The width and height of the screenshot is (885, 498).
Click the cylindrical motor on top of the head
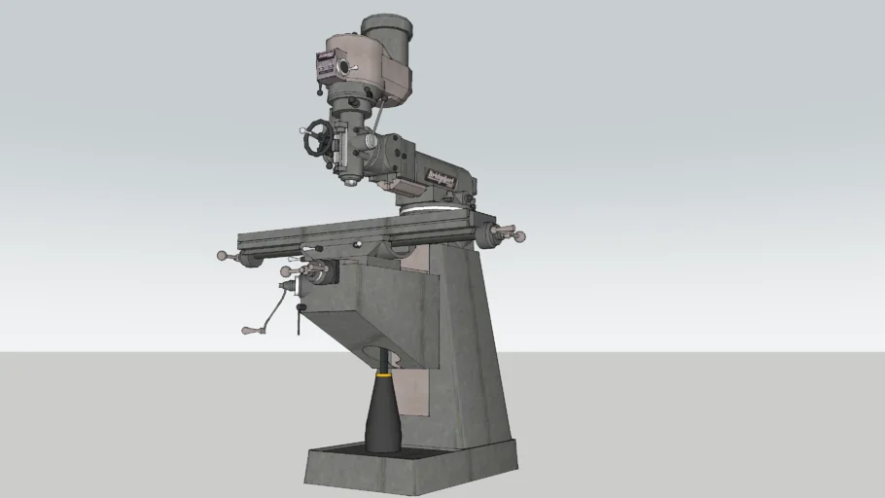pos(387,39)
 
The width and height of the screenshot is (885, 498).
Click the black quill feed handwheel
pos(317,138)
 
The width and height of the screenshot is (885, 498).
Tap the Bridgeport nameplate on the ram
pos(442,176)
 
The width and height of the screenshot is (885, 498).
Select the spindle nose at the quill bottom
pos(351,180)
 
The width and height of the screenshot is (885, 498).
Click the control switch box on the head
pos(324,65)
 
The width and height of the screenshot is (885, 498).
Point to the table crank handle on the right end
pos(518,235)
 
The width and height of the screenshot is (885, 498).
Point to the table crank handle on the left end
pos(223,256)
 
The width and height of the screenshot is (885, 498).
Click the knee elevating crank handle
pos(249,331)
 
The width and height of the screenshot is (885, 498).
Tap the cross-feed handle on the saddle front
pos(287,271)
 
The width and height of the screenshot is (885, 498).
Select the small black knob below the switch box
pos(320,92)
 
